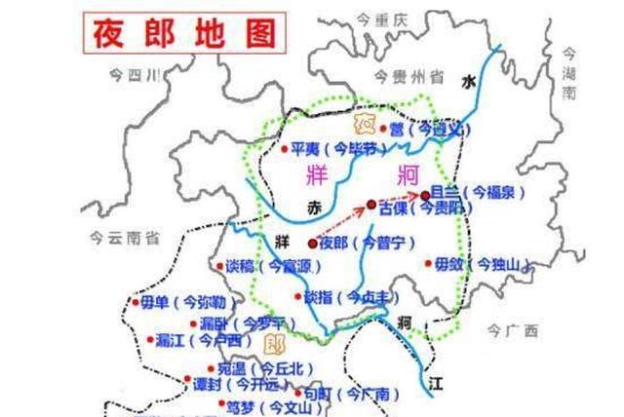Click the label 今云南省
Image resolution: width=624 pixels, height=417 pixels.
[122, 235]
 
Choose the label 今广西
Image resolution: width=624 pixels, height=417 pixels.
[513, 332]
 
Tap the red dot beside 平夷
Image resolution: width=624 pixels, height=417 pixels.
[284, 149]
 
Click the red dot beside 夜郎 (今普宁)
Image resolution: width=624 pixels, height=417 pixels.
[311, 243]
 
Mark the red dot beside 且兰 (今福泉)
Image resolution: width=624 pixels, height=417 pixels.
[424, 196]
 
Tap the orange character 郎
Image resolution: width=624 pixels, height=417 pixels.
[273, 343]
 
